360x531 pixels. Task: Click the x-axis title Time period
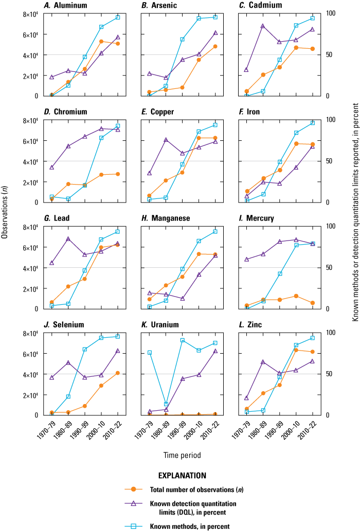[182, 455]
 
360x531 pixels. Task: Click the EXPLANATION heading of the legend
[182, 475]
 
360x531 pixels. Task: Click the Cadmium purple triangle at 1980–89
[263, 26]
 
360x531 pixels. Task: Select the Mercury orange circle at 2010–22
[312, 303]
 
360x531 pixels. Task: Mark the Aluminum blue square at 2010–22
[118, 17]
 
